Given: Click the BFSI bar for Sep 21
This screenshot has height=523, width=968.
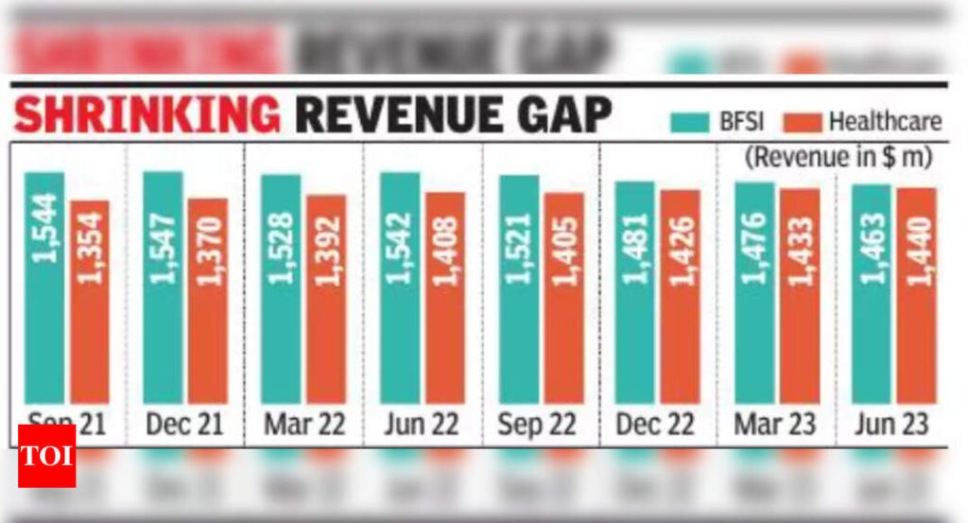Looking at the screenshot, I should tap(44, 288).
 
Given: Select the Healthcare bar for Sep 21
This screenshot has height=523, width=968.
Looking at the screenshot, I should tap(90, 302).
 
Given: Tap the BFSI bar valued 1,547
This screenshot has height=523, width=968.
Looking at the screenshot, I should tap(163, 288).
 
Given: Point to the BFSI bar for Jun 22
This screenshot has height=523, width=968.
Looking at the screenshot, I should tap(400, 288).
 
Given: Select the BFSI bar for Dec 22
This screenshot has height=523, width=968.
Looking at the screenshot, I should tap(634, 292).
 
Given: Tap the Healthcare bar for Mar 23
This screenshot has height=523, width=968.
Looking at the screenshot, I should tap(800, 296).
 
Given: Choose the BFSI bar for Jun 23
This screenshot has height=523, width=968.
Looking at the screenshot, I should tap(871, 293).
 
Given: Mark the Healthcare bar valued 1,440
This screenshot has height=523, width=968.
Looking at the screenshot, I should tap(916, 295).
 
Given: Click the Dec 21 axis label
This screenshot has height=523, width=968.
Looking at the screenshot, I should tap(184, 424).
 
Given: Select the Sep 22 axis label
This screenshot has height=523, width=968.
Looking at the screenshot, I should tap(539, 424).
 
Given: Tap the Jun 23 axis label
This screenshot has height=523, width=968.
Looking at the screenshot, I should tap(893, 424).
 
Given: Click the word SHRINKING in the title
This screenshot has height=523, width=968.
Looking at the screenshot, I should tap(147, 116).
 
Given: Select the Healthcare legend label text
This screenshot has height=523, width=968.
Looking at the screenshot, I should tap(885, 122).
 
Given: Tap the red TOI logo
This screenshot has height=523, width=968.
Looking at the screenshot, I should tap(46, 456).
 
